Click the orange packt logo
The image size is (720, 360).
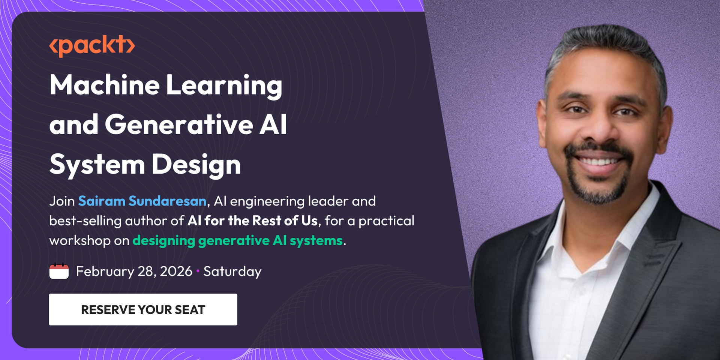pos(92,46)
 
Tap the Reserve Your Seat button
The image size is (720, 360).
pos(143,309)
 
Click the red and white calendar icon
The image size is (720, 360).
pos(59,271)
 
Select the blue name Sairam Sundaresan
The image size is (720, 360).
pos(142,201)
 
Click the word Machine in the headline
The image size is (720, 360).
pos(105,85)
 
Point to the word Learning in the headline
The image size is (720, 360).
pos(224,86)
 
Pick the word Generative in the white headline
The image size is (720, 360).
pos(179,124)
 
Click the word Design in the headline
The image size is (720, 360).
pos(196,165)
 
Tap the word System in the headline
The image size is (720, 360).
pos(97,165)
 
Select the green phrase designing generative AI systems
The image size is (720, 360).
pos(238,241)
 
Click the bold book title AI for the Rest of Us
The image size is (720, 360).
pos(253,220)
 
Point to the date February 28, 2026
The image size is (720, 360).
pos(134,271)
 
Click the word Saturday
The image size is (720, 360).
pos(232,271)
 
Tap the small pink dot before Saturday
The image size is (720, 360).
pos(198,271)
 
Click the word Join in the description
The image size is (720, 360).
pos(62,201)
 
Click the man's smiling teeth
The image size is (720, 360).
pos(599,162)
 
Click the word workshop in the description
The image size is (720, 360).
pos(80,240)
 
